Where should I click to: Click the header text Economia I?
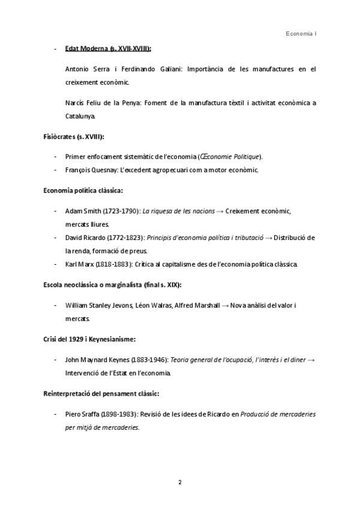tap(301, 34)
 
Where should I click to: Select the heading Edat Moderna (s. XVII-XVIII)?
tap(108, 49)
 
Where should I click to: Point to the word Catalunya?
tap(80, 115)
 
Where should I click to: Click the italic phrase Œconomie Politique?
tap(230, 157)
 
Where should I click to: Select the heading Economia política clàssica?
tap(83, 190)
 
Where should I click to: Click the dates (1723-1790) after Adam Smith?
tap(119, 211)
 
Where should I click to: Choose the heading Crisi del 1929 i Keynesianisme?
tap(89, 339)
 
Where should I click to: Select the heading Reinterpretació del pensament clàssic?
tap(101, 394)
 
